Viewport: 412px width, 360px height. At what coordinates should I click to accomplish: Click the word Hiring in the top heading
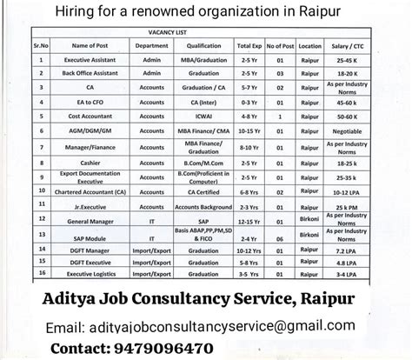(147, 10)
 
